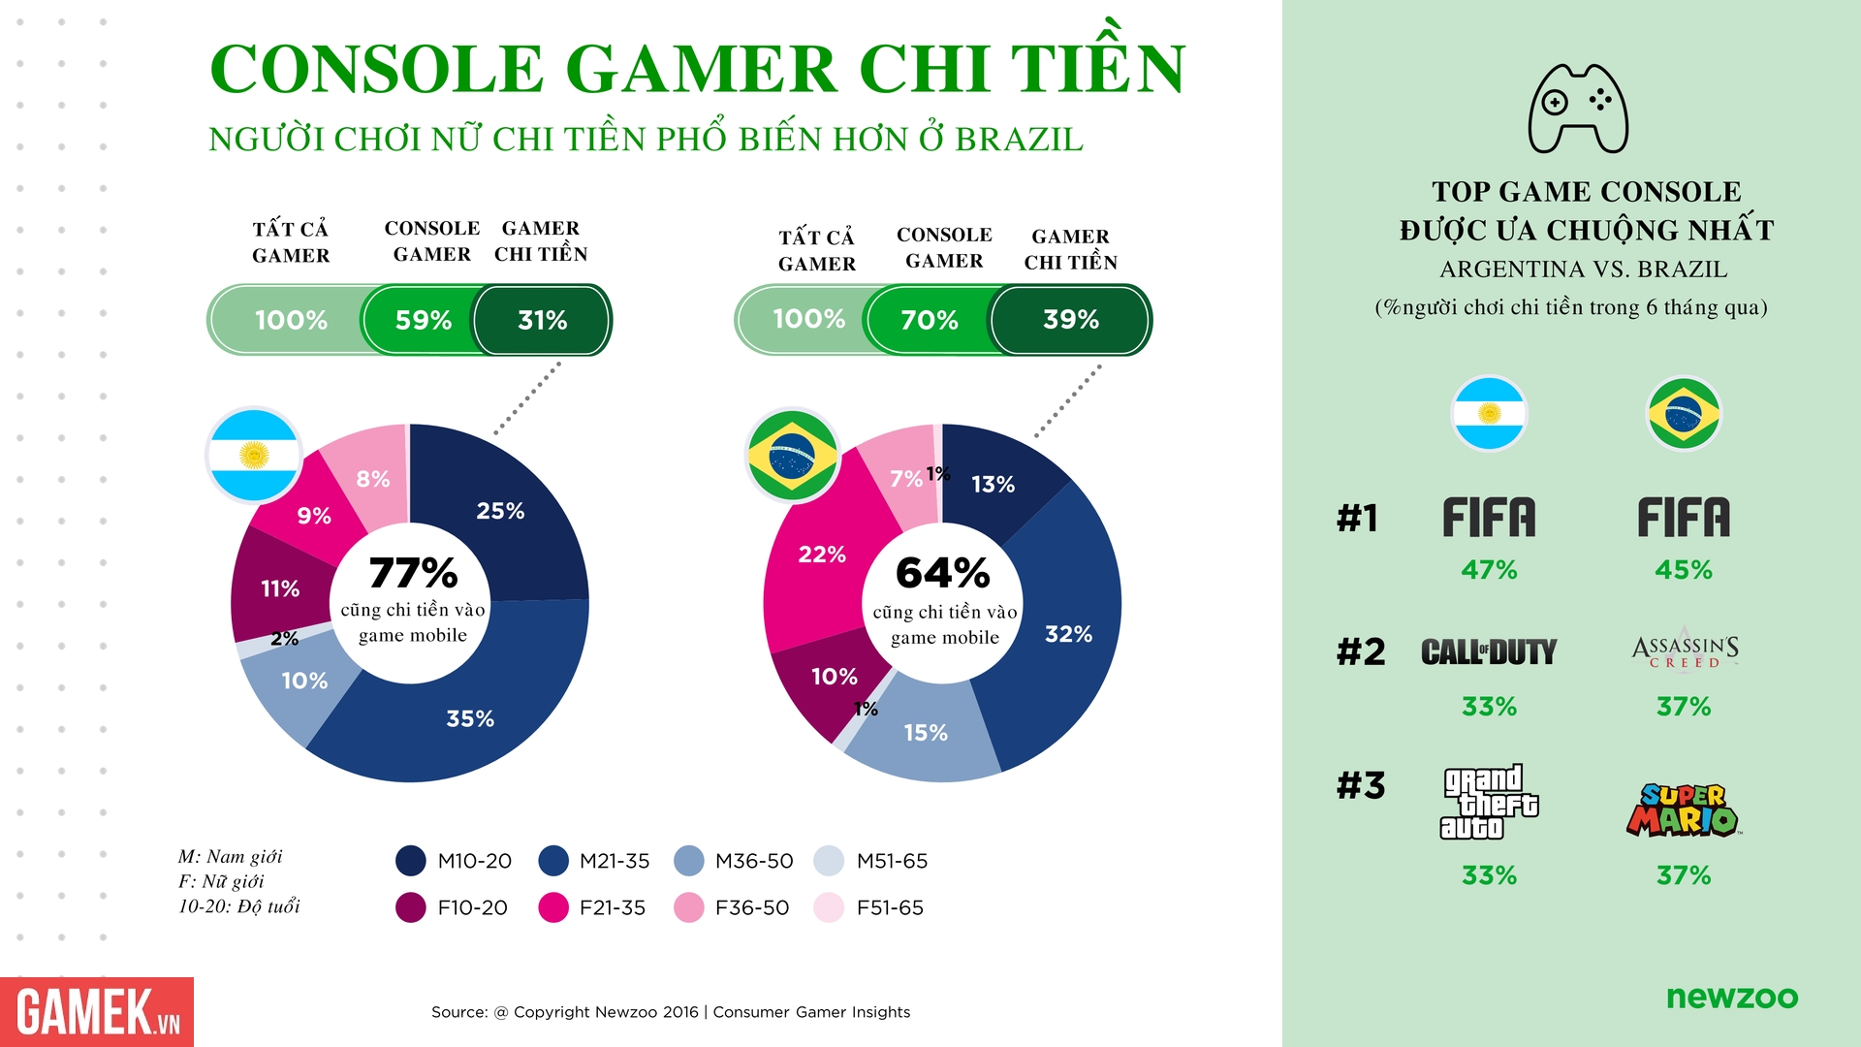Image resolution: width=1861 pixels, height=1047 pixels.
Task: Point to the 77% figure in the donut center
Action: pyautogui.click(x=413, y=573)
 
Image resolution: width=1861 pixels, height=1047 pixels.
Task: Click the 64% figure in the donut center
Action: pyautogui.click(x=943, y=573)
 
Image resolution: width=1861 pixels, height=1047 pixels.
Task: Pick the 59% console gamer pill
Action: pyautogui.click(x=423, y=320)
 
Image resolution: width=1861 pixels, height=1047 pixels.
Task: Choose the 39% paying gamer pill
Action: pyautogui.click(x=1070, y=320)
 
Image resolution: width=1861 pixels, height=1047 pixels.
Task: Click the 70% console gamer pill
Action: pyautogui.click(x=929, y=320)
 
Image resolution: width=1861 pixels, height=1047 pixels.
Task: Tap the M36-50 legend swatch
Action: pyautogui.click(x=689, y=861)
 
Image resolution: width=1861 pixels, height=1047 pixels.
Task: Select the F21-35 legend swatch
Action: pyautogui.click(x=553, y=907)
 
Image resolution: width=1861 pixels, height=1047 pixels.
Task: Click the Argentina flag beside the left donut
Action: pyautogui.click(x=254, y=455)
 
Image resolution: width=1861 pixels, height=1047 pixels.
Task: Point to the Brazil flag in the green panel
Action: pyautogui.click(x=1684, y=414)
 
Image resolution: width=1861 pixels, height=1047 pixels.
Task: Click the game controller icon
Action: pyautogui.click(x=1578, y=109)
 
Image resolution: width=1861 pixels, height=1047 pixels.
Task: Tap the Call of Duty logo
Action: pyautogui.click(x=1489, y=651)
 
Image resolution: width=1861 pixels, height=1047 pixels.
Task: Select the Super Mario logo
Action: pyautogui.click(x=1684, y=809)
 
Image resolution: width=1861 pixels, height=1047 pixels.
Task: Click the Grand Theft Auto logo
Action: pyautogui.click(x=1489, y=802)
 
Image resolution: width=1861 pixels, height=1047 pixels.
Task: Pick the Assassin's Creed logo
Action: pyautogui.click(x=1685, y=650)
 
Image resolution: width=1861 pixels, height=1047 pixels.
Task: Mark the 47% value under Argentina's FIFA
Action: pyautogui.click(x=1489, y=570)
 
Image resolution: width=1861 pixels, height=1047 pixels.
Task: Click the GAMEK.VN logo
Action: pyautogui.click(x=97, y=1012)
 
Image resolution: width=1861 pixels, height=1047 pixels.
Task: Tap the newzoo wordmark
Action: pyautogui.click(x=1732, y=997)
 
